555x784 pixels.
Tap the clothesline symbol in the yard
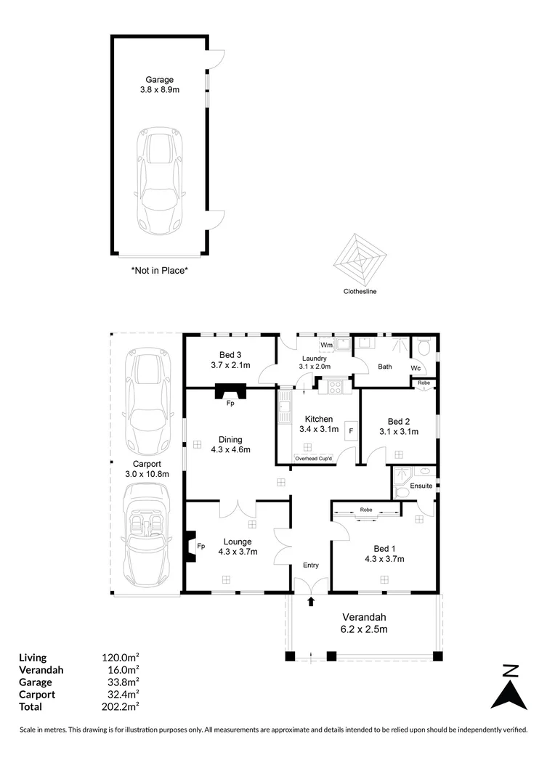pyautogui.click(x=360, y=258)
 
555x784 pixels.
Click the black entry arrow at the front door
pyautogui.click(x=312, y=601)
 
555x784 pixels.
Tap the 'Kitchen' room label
pyautogui.click(x=319, y=419)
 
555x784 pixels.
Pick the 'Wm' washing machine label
pyautogui.click(x=326, y=344)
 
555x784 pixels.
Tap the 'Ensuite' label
pyautogui.click(x=421, y=485)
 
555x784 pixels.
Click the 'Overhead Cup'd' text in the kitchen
pyautogui.click(x=313, y=459)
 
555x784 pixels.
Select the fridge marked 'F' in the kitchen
pyautogui.click(x=351, y=431)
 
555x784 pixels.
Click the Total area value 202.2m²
pyautogui.click(x=121, y=706)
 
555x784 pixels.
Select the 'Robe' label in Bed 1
pyautogui.click(x=365, y=510)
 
